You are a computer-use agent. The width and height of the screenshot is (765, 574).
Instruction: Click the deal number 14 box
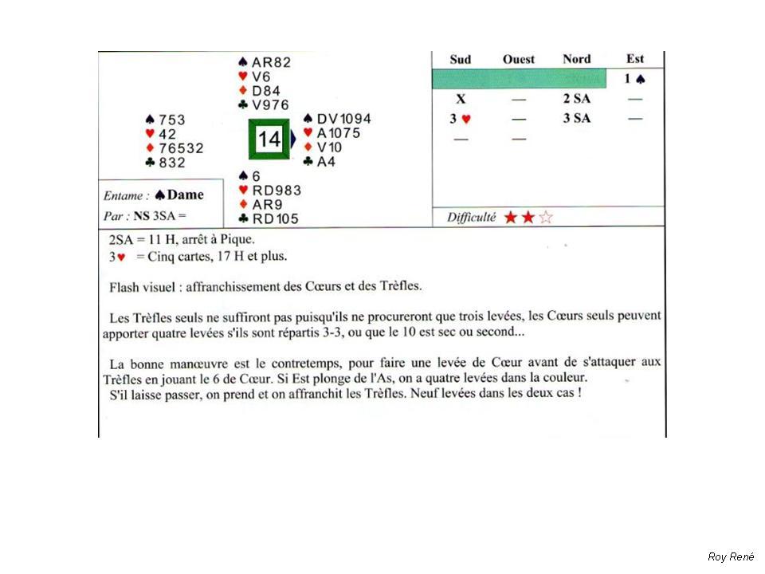[x=269, y=140]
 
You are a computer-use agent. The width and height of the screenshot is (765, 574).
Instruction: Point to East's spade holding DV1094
[x=337, y=119]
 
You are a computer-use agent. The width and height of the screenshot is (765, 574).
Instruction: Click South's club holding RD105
[x=263, y=218]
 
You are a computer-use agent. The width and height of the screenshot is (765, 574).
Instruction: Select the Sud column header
[x=461, y=59]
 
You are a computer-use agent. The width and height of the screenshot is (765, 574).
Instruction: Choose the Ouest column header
[x=519, y=59]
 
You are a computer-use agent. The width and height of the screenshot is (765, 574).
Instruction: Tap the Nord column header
[x=576, y=59]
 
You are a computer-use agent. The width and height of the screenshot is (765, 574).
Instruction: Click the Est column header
[x=635, y=59]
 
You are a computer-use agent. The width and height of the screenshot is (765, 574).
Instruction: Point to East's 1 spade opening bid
[x=634, y=79]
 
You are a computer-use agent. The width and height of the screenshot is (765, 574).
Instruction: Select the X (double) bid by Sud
[x=461, y=99]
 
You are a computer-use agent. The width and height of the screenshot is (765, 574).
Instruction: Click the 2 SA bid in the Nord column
[x=576, y=99]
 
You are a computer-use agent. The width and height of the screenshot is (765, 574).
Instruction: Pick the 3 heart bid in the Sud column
[x=461, y=119]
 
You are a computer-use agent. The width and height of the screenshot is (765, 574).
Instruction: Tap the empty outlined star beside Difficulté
[x=545, y=217]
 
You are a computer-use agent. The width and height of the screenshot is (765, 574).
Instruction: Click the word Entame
[x=125, y=195]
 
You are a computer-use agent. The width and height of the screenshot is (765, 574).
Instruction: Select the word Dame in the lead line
[x=185, y=195]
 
